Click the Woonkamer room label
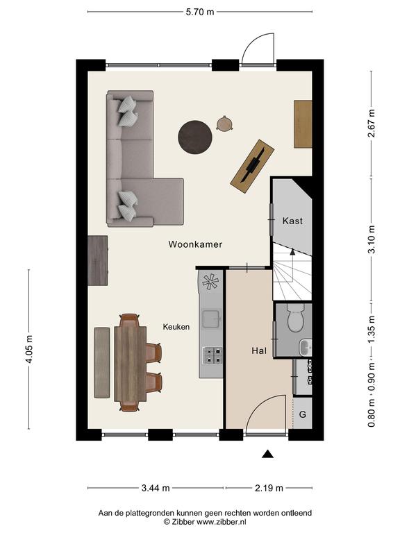point(195,244)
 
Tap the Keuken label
point(176,327)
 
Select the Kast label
point(292,221)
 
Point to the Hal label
point(259,350)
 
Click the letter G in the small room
point(302,414)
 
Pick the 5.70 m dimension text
point(200,12)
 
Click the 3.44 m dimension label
point(156,488)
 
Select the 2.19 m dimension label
point(269,488)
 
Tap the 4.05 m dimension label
point(29,349)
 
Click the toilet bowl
point(295,318)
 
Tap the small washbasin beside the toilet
point(305,348)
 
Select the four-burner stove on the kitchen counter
point(212,355)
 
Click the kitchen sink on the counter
point(212,319)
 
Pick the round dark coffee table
point(195,137)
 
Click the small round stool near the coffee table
point(224,124)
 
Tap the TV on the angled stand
point(253,166)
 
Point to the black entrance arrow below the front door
point(267,454)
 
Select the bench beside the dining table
point(102,363)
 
